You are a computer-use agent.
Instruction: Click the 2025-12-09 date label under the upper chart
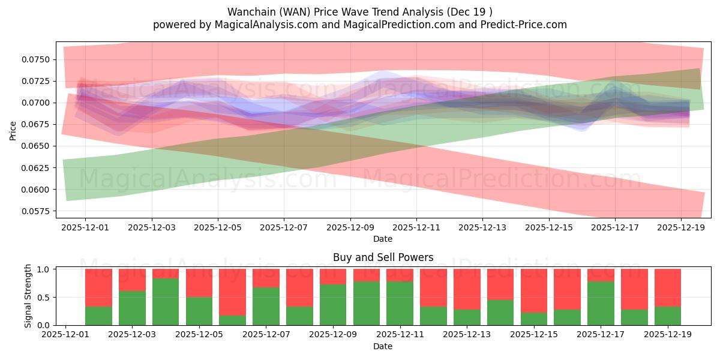point(350,228)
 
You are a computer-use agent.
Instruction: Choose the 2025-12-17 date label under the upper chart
point(614,228)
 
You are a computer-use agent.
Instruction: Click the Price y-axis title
point(13,130)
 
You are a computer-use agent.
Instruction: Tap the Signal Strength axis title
point(28,296)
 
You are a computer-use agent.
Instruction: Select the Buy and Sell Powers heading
point(383,257)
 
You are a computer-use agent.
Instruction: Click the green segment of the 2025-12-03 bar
point(132,308)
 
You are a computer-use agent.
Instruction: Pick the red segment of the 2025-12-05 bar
point(199,283)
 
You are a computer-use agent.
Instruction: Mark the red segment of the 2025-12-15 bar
point(533,290)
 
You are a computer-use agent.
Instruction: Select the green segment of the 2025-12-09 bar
point(333,304)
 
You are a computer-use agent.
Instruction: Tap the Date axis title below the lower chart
point(383,346)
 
